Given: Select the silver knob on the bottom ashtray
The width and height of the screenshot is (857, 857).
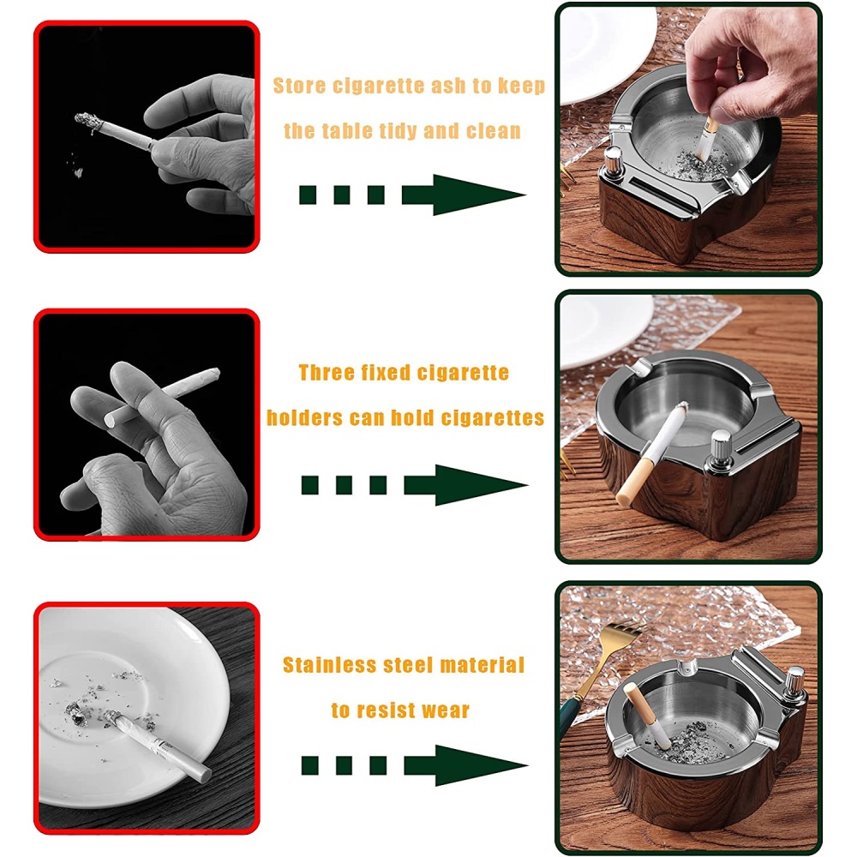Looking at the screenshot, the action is coord(794,684).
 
